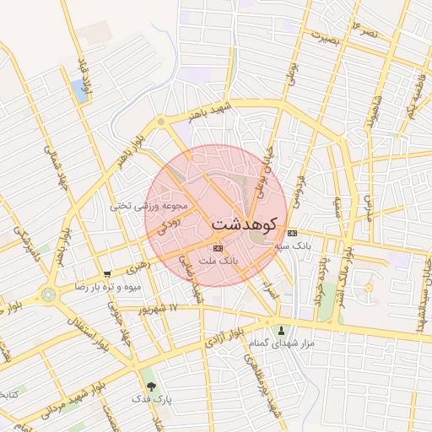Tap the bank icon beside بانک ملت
pos(219,248)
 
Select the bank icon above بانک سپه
pos(292,233)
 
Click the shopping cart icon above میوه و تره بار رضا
pos(107,274)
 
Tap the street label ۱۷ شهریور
pos(162,309)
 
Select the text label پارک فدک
pos(151,399)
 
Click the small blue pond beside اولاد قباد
pos(80,91)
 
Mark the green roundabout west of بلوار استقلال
pos(47,294)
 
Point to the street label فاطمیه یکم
pos(415,100)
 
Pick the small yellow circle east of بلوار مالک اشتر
pos(368,289)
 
